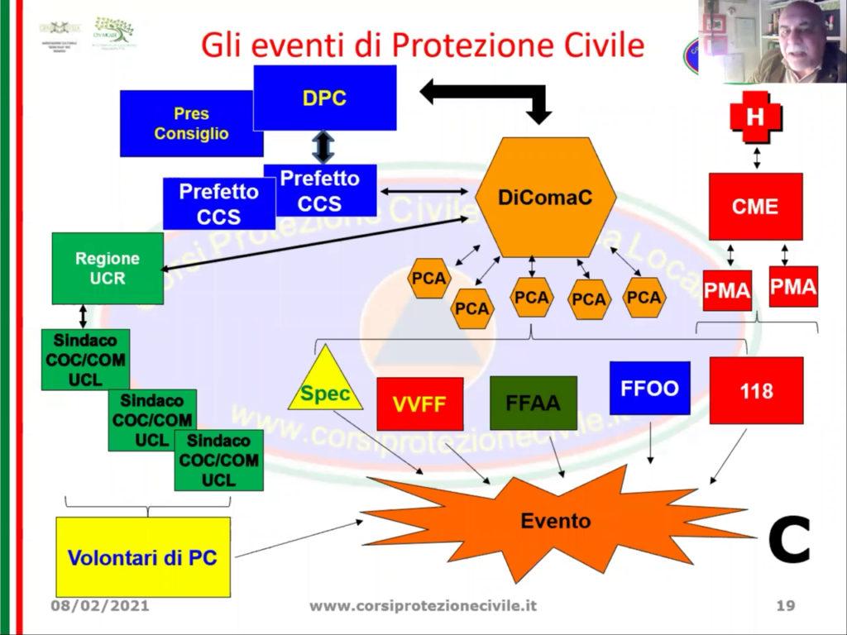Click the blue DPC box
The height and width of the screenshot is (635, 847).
(x=324, y=98)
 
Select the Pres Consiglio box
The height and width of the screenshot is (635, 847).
(x=191, y=123)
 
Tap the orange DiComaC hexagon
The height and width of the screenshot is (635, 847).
(x=545, y=198)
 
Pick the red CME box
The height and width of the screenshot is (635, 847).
(x=755, y=206)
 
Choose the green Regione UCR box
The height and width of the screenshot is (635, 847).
(x=108, y=268)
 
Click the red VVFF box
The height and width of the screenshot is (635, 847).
(x=419, y=403)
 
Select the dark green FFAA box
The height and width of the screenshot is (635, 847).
(x=533, y=403)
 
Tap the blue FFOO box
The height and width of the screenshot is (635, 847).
(x=649, y=388)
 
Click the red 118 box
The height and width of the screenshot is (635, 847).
(x=756, y=390)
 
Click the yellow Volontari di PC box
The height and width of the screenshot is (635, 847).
(x=142, y=557)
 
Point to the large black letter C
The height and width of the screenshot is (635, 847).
(x=788, y=539)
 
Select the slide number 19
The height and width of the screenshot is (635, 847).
(x=785, y=606)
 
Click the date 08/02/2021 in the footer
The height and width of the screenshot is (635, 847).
(x=100, y=606)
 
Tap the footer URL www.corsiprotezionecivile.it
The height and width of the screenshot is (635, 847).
(x=423, y=606)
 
